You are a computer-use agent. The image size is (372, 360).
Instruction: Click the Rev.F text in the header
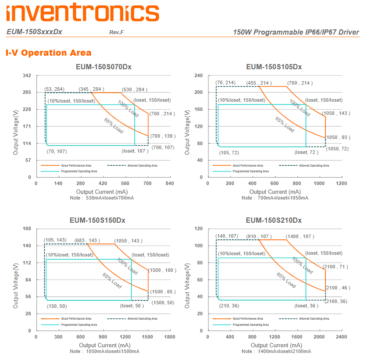[x=116, y=33]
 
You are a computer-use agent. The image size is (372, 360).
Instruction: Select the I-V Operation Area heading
[x=49, y=53]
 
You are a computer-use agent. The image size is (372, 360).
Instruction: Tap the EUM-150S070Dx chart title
[x=104, y=67]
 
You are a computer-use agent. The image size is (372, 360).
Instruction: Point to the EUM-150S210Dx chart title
[x=274, y=220]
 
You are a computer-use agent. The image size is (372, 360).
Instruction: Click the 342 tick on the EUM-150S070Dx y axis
[x=27, y=76]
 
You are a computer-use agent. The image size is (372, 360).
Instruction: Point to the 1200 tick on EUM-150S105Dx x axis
[x=341, y=184]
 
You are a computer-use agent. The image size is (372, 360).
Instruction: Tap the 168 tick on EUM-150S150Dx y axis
[x=27, y=229]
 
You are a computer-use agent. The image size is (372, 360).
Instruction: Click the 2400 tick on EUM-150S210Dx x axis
[x=341, y=337]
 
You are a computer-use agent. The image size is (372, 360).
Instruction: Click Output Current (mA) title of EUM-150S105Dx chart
[x=275, y=192]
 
